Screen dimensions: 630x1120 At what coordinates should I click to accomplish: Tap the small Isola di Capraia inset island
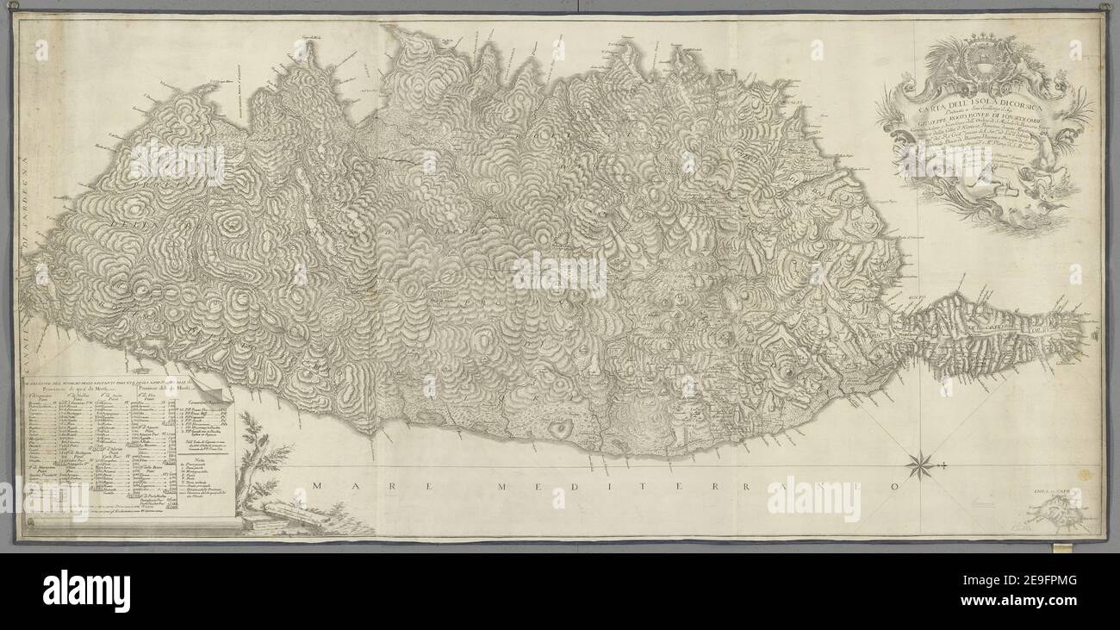(x=1057, y=517)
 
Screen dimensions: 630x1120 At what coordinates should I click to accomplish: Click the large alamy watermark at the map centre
(x=559, y=274)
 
